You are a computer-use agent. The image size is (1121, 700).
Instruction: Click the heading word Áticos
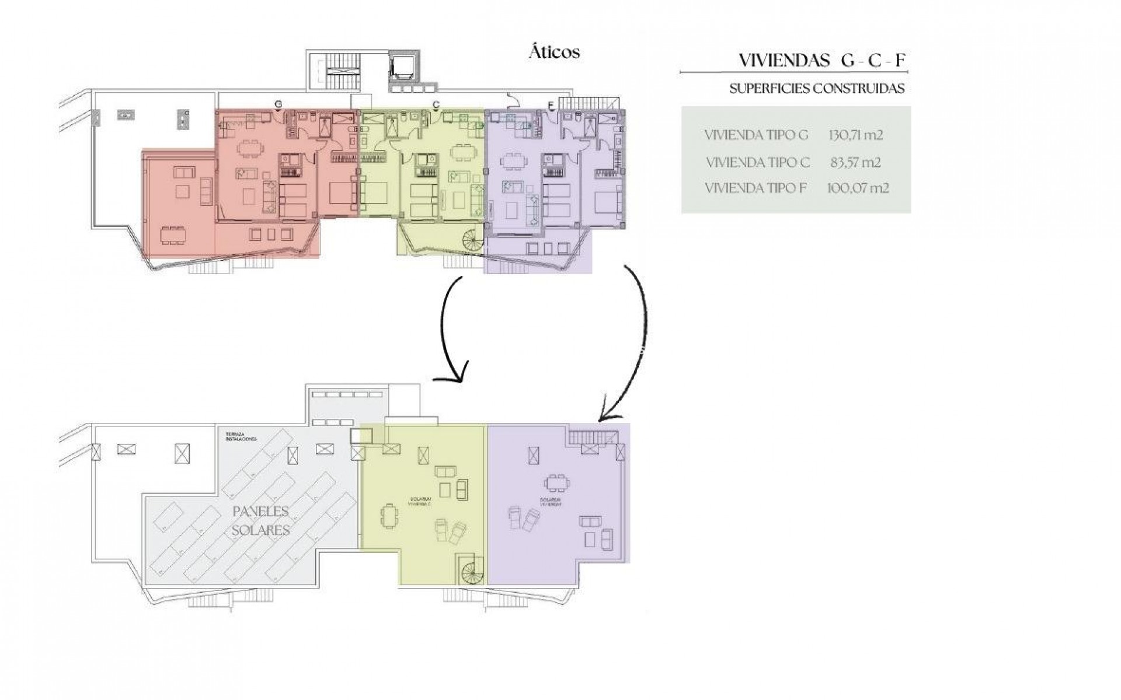(x=554, y=52)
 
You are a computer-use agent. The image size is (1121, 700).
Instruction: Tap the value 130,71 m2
(x=855, y=135)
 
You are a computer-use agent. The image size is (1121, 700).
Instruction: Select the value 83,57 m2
(x=855, y=162)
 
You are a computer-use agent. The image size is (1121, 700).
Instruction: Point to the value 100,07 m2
(x=858, y=188)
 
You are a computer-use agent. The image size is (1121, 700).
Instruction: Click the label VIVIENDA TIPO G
(x=756, y=135)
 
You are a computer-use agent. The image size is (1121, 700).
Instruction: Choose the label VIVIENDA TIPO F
(x=756, y=188)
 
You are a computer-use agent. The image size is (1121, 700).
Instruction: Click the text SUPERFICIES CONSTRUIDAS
(x=817, y=89)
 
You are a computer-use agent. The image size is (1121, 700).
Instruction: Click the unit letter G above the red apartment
(x=278, y=104)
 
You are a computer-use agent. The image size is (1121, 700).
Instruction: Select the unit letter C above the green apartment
(x=436, y=104)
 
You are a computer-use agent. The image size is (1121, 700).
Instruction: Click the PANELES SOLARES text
(x=261, y=520)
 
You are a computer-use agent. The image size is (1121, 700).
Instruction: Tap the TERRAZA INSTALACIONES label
(x=242, y=437)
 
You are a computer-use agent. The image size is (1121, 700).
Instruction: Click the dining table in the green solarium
(x=389, y=517)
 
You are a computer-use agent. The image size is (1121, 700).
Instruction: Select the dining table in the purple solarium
(x=555, y=484)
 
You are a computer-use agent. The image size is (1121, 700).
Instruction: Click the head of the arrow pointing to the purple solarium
(x=604, y=415)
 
